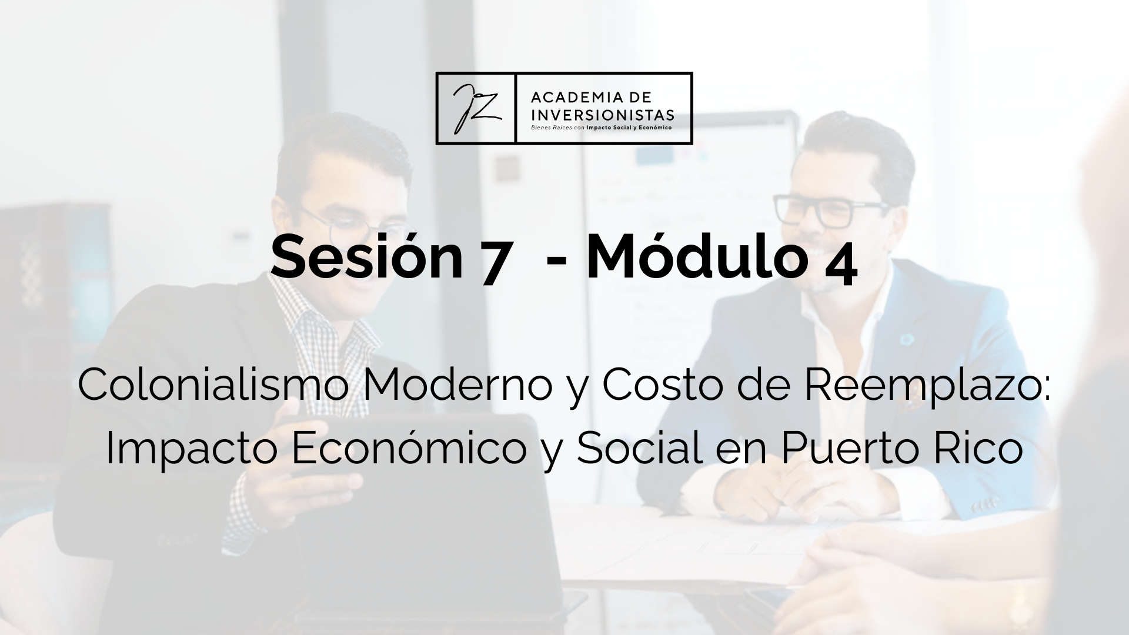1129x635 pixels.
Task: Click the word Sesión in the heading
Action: pos(367,258)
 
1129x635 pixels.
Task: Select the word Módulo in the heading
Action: pos(696,257)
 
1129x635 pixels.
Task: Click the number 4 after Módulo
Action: pos(840,266)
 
